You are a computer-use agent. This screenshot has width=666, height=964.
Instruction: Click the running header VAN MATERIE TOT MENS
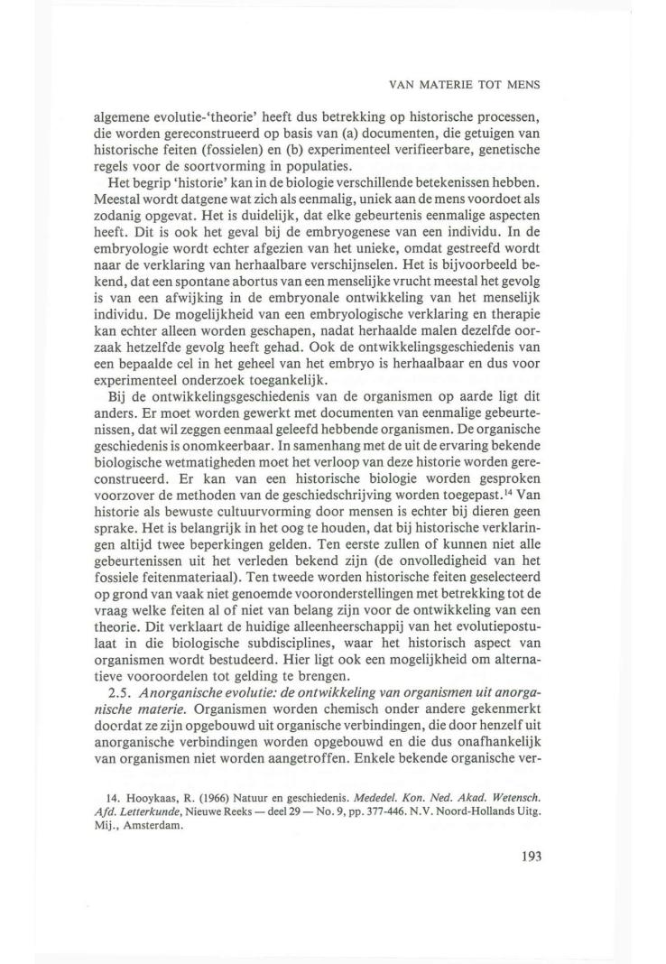pyautogui.click(x=463, y=88)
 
